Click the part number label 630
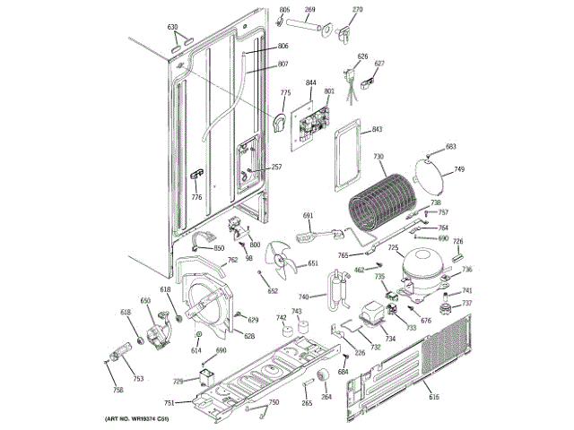coord(173,27)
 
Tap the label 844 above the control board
coord(311,83)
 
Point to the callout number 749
coord(459,169)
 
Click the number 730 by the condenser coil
coord(379,156)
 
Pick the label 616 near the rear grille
coord(434,397)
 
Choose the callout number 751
coord(170,403)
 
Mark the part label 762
coord(232,261)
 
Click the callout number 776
coord(196,197)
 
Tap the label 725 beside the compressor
coord(393,247)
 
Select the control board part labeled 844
coord(309,119)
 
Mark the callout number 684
coord(343,372)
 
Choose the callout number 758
coord(117,391)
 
